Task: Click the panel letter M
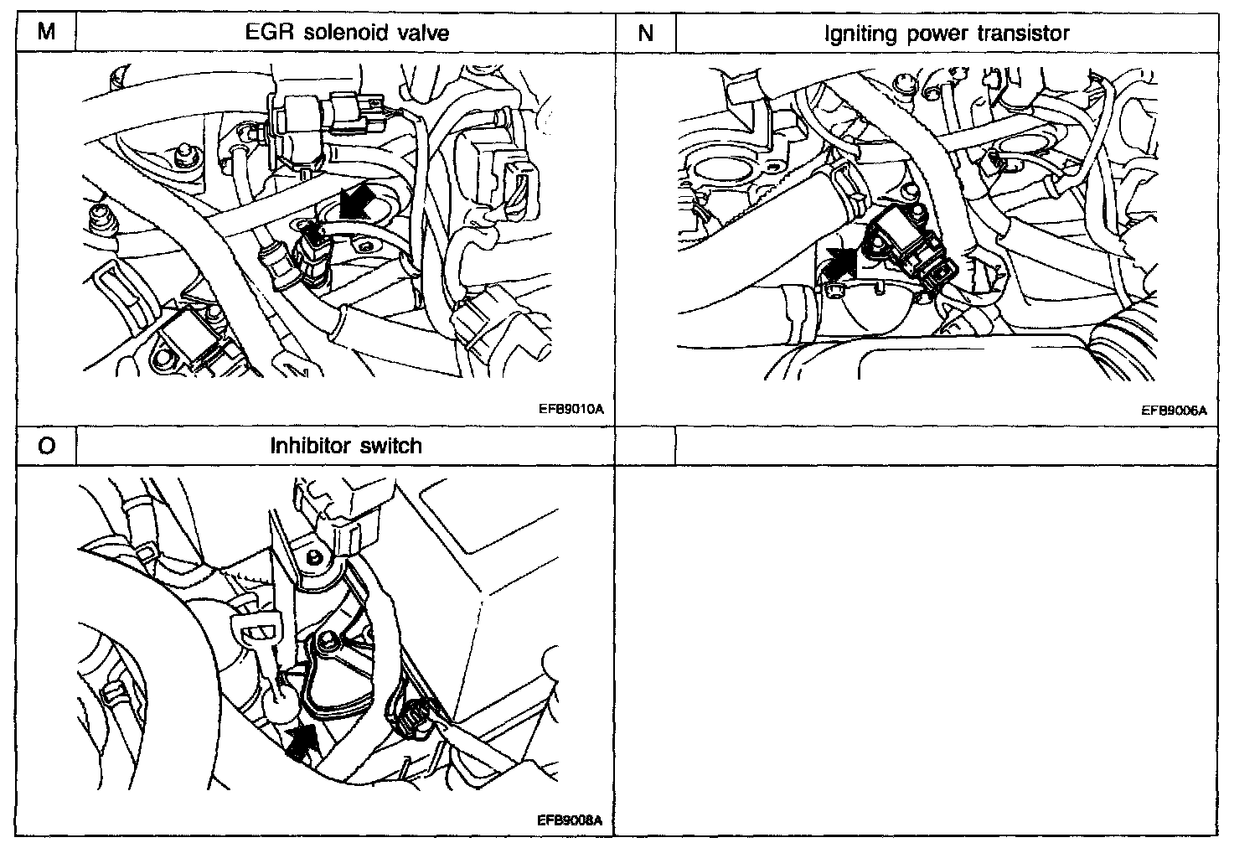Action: click(47, 33)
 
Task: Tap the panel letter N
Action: click(645, 33)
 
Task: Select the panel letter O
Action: click(47, 446)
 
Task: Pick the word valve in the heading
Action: click(422, 33)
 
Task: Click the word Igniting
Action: click(855, 34)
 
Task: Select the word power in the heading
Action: click(932, 34)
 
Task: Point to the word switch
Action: click(390, 446)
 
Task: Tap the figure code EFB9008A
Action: click(570, 821)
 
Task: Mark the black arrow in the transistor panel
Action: click(841, 261)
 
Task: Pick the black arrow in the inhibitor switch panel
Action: click(303, 741)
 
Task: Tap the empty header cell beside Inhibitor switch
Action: click(946, 446)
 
